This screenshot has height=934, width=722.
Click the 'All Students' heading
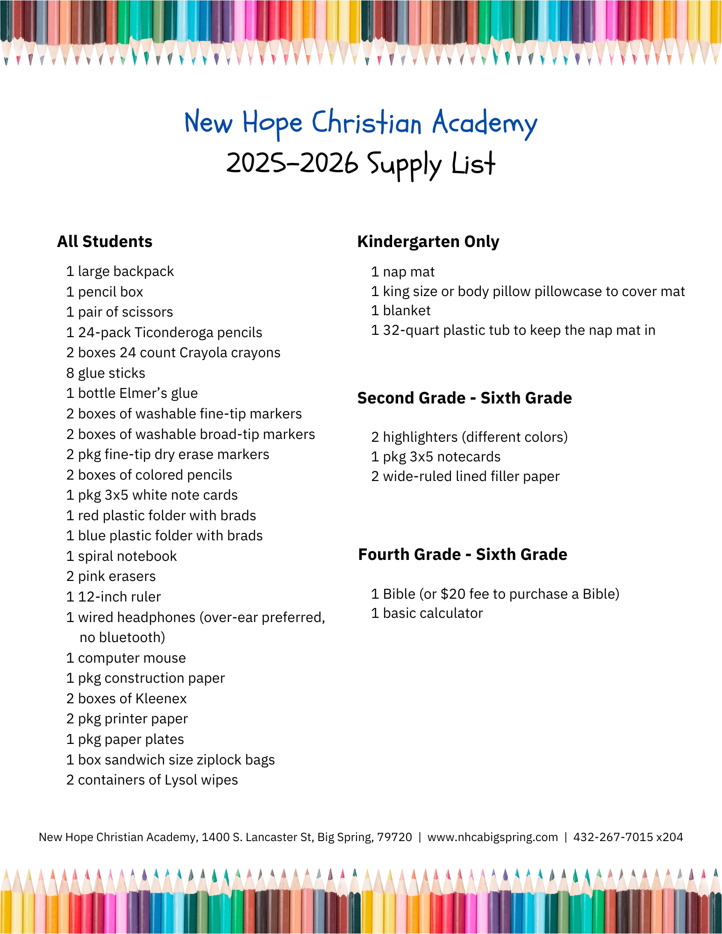click(x=105, y=241)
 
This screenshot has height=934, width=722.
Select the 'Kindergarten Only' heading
click(x=428, y=241)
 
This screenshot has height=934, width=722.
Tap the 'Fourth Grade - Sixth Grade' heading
click(x=463, y=554)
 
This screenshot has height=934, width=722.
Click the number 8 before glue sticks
click(x=70, y=373)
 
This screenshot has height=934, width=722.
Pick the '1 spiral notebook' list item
click(x=122, y=556)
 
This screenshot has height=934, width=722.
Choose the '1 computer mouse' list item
click(x=126, y=658)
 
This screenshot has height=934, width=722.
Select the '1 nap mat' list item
click(x=403, y=272)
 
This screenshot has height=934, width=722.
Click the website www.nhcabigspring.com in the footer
click(x=493, y=837)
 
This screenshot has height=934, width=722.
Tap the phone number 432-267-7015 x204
click(x=628, y=837)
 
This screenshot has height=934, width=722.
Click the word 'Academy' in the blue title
click(x=485, y=123)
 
